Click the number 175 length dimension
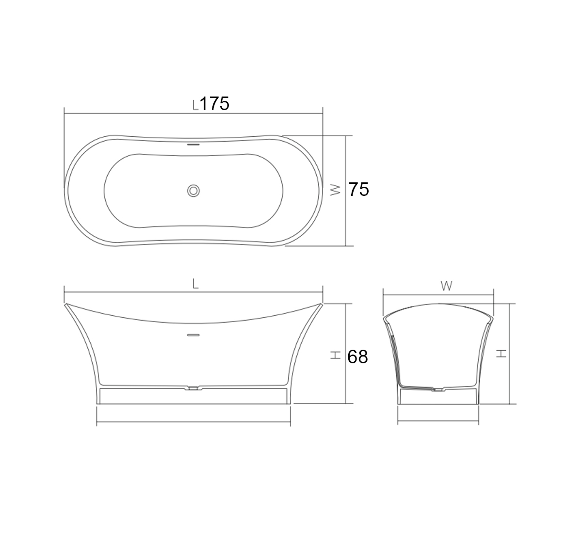[215, 104]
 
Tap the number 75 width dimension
[358, 190]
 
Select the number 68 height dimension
[357, 357]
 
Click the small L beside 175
[196, 105]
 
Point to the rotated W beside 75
[336, 190]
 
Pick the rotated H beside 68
[336, 355]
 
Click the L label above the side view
[195, 284]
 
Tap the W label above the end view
[447, 286]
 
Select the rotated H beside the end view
[501, 353]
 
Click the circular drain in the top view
[193, 191]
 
